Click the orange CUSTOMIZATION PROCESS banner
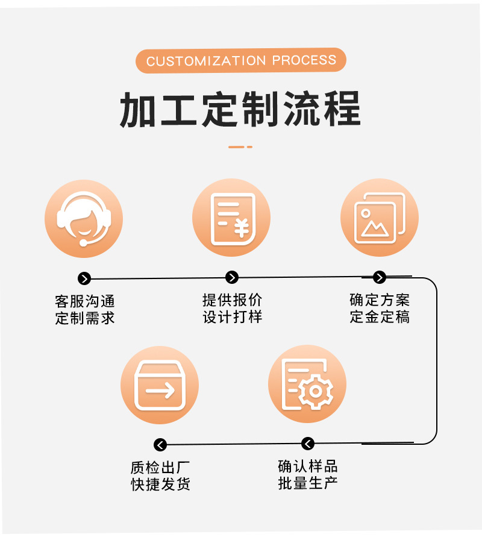pos(241,60)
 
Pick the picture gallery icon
pos(379,217)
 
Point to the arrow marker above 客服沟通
pos(84,278)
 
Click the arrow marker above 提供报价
pos(232,277)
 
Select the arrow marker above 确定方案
pos(380,277)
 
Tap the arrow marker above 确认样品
pos(308,444)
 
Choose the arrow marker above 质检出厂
pos(160,445)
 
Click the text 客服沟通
pos(84,301)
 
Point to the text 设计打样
pos(233,317)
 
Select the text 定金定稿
pos(380,317)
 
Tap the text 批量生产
pos(308,483)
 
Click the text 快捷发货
pos(160,484)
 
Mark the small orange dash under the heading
pos(240,146)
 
